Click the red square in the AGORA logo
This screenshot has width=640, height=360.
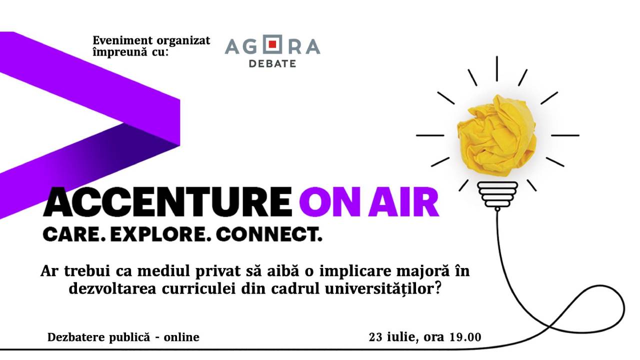click(x=272, y=44)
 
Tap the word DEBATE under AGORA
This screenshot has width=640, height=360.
click(x=272, y=63)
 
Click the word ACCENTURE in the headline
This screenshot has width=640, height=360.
click(x=167, y=201)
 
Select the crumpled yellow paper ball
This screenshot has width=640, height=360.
click(x=496, y=135)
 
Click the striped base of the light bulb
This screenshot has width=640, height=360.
click(x=497, y=194)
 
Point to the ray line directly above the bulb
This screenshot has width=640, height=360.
click(x=497, y=68)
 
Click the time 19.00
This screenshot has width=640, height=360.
click(x=465, y=337)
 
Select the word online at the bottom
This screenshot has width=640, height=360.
click(x=181, y=337)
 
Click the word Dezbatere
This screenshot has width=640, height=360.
click(x=76, y=337)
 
